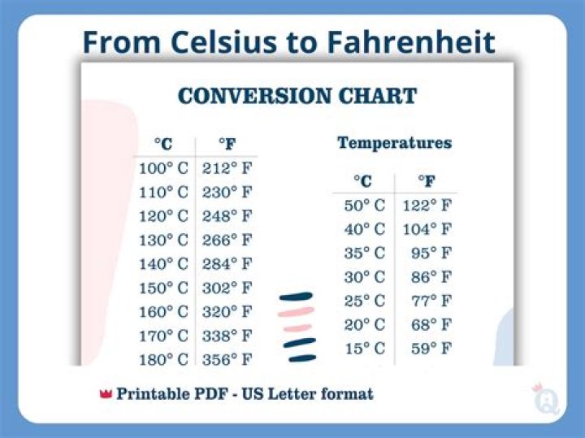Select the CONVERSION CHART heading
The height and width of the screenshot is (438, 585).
[297, 96]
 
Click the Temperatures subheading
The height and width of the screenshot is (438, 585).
[394, 143]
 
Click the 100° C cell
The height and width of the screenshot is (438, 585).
[163, 169]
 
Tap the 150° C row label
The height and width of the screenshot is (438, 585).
[163, 288]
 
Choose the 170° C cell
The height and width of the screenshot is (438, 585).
[163, 336]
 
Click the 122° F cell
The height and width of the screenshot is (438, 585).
[432, 206]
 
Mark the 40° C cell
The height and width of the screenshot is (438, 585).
[365, 229]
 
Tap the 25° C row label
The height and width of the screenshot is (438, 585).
[365, 301]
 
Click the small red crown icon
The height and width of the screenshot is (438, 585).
[105, 394]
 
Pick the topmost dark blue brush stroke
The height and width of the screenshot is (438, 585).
[296, 297]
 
